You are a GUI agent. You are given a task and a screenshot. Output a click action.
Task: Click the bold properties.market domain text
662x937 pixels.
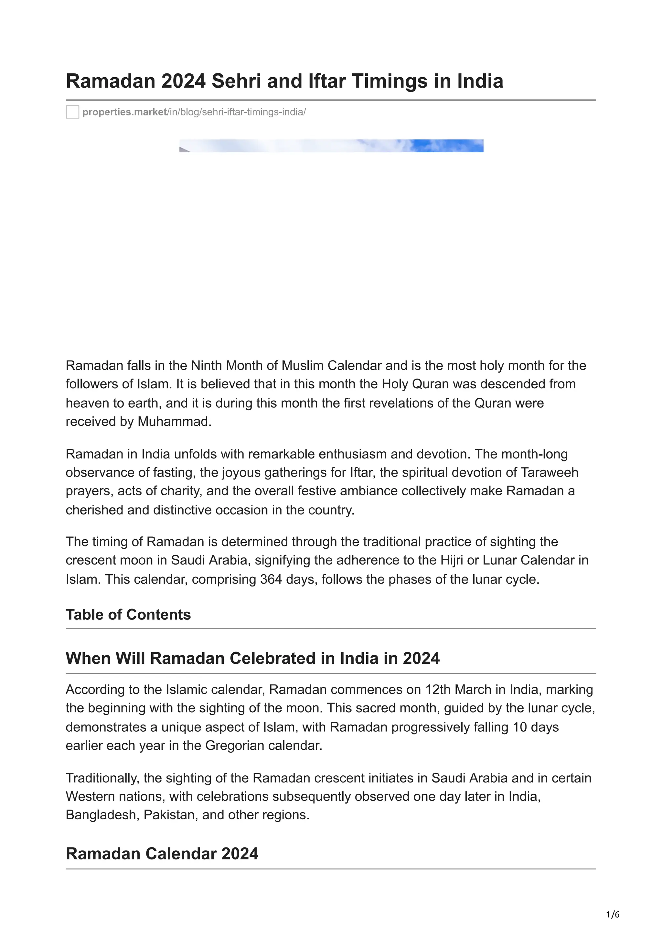point(124,112)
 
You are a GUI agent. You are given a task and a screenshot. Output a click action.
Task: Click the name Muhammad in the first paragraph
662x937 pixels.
point(174,422)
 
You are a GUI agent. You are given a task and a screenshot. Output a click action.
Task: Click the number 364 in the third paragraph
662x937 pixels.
point(271,579)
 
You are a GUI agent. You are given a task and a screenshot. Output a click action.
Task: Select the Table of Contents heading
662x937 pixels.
point(128,615)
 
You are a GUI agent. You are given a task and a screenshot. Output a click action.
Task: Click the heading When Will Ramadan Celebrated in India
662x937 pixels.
point(252,658)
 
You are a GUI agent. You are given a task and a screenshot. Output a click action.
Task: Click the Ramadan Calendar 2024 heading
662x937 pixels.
point(162,854)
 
